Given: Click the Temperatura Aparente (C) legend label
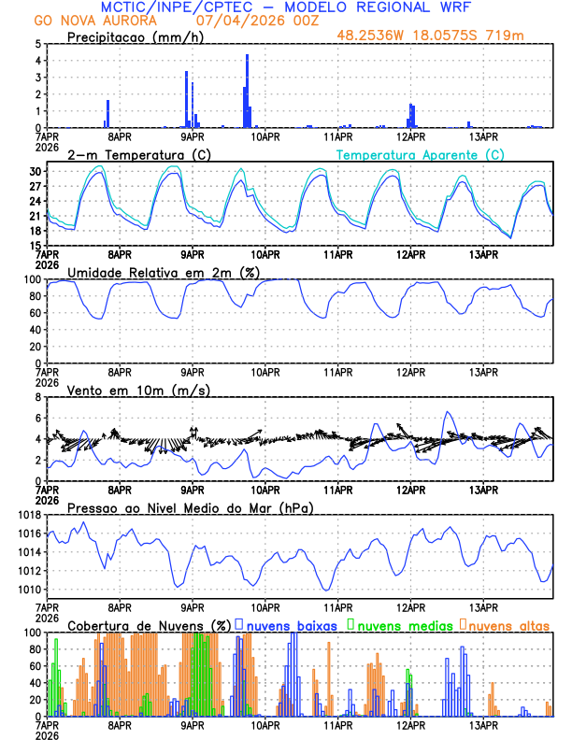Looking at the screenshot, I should point(421,154).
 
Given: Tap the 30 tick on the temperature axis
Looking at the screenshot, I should point(34,171).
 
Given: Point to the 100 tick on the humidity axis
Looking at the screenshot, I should point(31,279).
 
